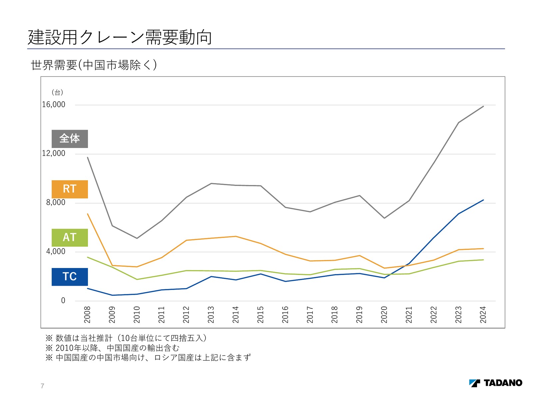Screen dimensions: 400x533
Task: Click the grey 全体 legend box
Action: [x=70, y=139]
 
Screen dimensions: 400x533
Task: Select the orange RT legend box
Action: [x=70, y=189]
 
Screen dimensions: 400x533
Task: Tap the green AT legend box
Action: [x=70, y=237]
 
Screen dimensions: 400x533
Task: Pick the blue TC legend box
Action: [x=70, y=277]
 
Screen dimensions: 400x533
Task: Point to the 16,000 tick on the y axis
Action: [x=54, y=105]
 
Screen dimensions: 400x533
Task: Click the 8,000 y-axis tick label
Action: [x=56, y=203]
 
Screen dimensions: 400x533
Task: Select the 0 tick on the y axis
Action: [x=63, y=301]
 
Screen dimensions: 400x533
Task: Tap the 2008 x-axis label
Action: [x=87, y=315]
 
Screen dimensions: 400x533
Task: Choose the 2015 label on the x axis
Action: [x=261, y=315]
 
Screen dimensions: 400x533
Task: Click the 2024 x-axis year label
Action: [x=483, y=315]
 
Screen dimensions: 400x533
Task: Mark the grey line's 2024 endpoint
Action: [x=483, y=106]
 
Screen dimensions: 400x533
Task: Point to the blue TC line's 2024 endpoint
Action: [x=483, y=200]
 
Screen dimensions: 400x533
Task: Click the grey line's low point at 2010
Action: [x=137, y=238]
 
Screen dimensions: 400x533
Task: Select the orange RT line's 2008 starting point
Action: [x=87, y=214]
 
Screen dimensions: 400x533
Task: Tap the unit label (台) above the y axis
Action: [x=57, y=92]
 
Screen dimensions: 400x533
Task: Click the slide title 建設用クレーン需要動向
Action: [x=120, y=37]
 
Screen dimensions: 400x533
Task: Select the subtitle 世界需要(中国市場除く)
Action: [x=94, y=65]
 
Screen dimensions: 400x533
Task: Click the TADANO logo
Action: [x=496, y=383]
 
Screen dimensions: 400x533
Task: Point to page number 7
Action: [x=42, y=386]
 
